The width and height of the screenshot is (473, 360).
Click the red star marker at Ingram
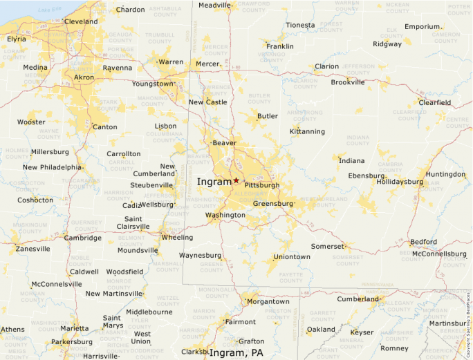[236, 180]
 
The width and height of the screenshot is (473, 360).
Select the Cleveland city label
[81, 21]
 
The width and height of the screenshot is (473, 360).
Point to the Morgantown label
[268, 301]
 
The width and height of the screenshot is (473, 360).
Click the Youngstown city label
[154, 84]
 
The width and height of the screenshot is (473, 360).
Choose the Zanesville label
[33, 249]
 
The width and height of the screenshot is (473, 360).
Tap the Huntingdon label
[445, 174]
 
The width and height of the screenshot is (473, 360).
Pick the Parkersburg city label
[72, 342]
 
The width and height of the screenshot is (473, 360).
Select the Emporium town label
[423, 26]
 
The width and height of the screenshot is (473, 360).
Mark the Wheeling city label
[177, 238]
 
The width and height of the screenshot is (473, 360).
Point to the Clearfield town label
[434, 102]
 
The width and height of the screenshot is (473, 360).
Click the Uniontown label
[292, 257]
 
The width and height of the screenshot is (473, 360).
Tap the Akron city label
[84, 77]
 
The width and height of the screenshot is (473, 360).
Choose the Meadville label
[214, 5]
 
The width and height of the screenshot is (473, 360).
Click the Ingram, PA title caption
[236, 352]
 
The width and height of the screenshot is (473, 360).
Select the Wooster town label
[31, 122]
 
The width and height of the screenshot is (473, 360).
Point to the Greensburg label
[274, 204]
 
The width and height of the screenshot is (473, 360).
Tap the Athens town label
[12, 329]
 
